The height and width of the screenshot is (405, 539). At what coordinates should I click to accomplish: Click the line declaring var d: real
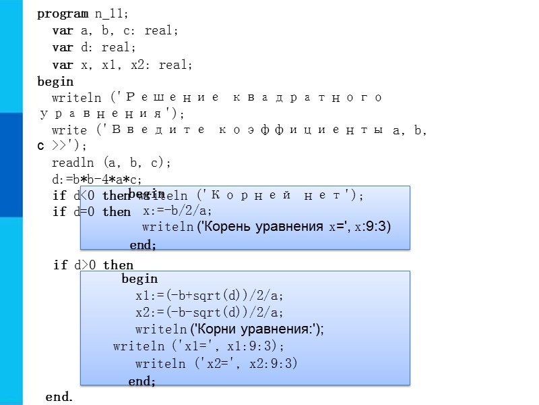94,48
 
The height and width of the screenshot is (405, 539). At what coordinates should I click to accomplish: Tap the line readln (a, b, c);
112,163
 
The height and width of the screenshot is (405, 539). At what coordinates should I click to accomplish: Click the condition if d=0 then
92,212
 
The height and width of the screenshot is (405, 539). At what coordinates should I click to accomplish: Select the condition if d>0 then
93,265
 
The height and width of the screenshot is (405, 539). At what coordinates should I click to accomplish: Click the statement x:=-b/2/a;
177,211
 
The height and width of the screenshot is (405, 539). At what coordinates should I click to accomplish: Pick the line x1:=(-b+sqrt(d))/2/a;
210,296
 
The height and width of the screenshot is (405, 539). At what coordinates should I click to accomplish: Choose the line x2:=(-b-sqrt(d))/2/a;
210,313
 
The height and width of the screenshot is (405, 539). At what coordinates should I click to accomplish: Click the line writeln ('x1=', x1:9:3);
199,346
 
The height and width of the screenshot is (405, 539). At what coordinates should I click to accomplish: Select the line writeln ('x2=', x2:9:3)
216,364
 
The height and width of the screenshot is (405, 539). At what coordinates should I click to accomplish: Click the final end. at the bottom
59,397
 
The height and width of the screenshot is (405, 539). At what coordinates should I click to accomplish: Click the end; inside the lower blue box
142,381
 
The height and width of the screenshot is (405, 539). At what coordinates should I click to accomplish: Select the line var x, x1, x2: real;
123,65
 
